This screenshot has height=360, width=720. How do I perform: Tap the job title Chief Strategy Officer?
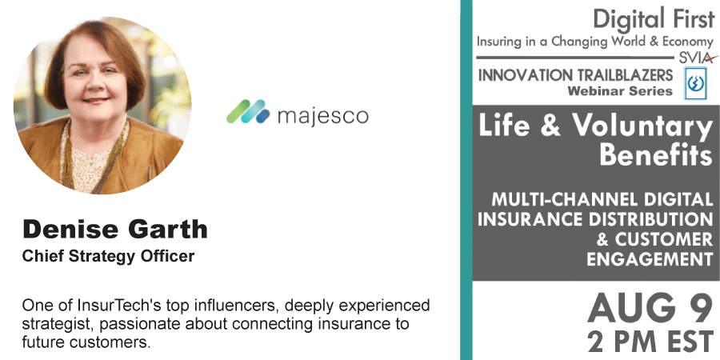[108, 256]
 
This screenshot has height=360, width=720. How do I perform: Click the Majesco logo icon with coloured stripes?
[248, 111]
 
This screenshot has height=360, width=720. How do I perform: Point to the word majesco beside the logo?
[323, 116]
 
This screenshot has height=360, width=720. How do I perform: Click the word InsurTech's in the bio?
[120, 306]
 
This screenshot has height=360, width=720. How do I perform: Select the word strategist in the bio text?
[58, 324]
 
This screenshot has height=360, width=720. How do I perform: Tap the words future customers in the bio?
[86, 342]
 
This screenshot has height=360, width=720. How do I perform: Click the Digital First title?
[654, 20]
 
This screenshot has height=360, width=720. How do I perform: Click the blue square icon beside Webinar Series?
[695, 83]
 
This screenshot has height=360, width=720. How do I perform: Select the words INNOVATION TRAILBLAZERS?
[575, 75]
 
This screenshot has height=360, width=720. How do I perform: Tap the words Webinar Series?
[620, 91]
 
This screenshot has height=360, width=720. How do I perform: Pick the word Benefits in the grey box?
[656, 154]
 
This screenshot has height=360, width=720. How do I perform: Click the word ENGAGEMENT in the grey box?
[650, 259]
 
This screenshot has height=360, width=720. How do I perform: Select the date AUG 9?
[650, 309]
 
